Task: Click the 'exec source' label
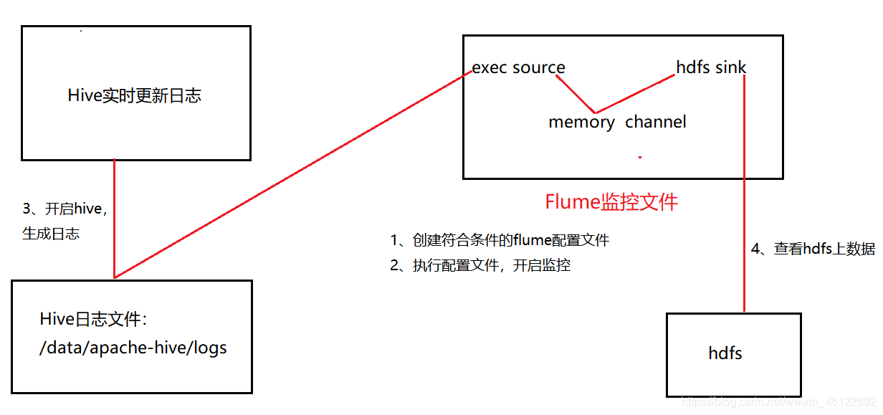click(x=518, y=68)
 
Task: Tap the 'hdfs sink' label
click(x=711, y=68)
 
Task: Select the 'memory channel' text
click(x=617, y=123)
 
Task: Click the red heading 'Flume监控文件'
click(x=611, y=202)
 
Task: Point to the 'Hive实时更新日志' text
click(x=135, y=96)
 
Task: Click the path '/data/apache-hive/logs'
click(x=133, y=349)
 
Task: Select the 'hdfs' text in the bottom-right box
click(x=725, y=353)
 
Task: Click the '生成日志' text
click(x=51, y=234)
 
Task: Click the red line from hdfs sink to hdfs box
click(x=745, y=194)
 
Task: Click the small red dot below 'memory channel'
click(x=639, y=156)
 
